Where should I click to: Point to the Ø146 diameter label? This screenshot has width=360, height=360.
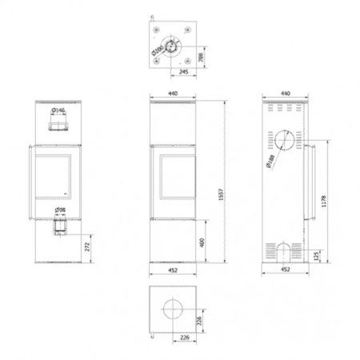(58, 112)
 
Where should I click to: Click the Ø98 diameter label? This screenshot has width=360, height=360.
(59, 212)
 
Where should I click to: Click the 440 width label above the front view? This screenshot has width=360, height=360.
(174, 94)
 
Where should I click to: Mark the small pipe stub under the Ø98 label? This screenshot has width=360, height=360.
(60, 228)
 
